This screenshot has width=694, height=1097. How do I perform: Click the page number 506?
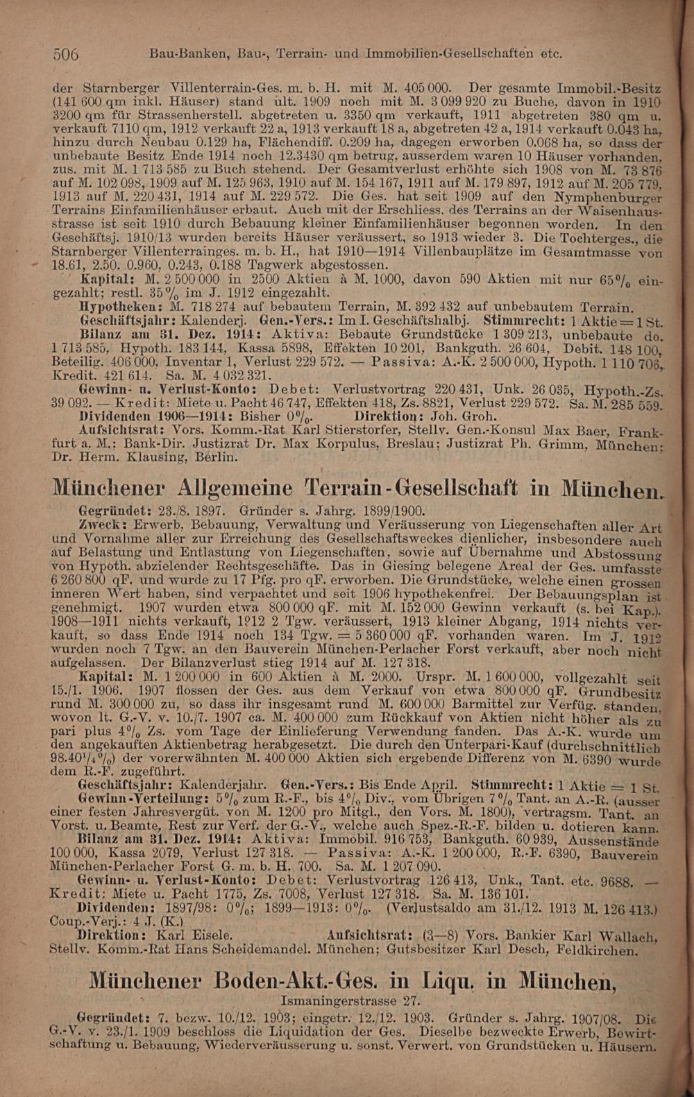point(67,54)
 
